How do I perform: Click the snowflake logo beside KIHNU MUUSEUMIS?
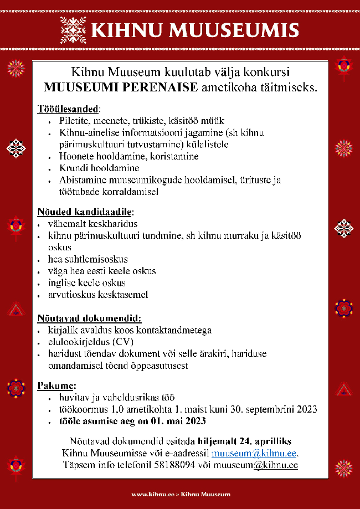tap(74, 30)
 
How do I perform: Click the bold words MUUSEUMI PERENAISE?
tap(121, 87)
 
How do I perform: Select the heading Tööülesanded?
tap(69, 109)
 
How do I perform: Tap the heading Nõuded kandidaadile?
tap(85, 212)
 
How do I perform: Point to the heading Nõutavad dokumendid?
tap(89, 318)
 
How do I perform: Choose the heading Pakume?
tap(56, 385)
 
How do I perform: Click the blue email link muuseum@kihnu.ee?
tap(255, 454)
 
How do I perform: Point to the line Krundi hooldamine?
tap(99, 168)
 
